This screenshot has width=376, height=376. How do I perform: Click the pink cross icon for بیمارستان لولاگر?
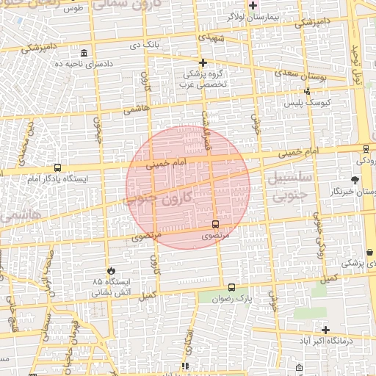click(x=253, y=4)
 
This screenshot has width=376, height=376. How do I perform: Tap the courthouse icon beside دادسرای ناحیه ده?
click(x=84, y=54)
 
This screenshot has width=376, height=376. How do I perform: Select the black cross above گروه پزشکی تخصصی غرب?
click(x=203, y=63)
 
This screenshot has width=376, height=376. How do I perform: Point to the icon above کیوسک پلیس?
click(x=307, y=91)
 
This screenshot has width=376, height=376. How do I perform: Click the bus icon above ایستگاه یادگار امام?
click(x=57, y=167)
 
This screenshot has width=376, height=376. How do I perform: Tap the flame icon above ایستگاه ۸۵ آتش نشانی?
click(x=111, y=271)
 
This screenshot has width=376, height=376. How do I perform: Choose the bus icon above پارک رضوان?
click(x=232, y=288)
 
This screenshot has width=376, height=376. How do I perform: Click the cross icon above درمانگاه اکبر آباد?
click(x=325, y=330)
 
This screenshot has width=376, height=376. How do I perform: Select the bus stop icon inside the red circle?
click(x=215, y=224)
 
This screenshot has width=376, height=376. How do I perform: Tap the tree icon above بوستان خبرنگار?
click(x=355, y=180)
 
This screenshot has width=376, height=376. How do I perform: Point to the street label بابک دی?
click(x=144, y=45)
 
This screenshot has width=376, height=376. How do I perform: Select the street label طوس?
click(x=72, y=9)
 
